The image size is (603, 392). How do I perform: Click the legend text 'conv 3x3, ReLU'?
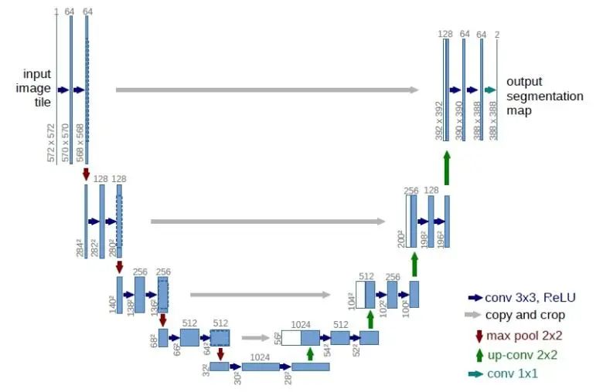pyautogui.click(x=530, y=297)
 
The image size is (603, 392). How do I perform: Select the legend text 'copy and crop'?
pyautogui.click(x=525, y=315)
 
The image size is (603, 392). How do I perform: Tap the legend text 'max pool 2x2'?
pyautogui.click(x=525, y=335)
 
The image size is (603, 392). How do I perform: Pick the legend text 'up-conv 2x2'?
pyautogui.click(x=522, y=355)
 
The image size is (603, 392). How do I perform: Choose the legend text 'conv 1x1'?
pyautogui.click(x=513, y=374)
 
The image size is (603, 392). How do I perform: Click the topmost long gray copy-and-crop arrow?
pyautogui.click(x=267, y=90)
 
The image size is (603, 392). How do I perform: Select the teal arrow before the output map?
pyautogui.click(x=489, y=90)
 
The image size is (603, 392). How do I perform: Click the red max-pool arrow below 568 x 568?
pyautogui.click(x=86, y=174)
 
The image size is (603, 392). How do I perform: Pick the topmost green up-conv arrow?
pyautogui.click(x=446, y=164)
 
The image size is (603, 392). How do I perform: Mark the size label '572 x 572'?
pyautogui.click(x=52, y=143)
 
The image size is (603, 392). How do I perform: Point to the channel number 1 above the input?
pyautogui.click(x=56, y=12)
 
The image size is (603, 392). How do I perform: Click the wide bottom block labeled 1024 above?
pyautogui.click(x=260, y=367)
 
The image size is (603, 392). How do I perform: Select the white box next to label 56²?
pyautogui.click(x=291, y=337)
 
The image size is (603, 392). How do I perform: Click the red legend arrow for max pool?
pyautogui.click(x=479, y=336)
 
